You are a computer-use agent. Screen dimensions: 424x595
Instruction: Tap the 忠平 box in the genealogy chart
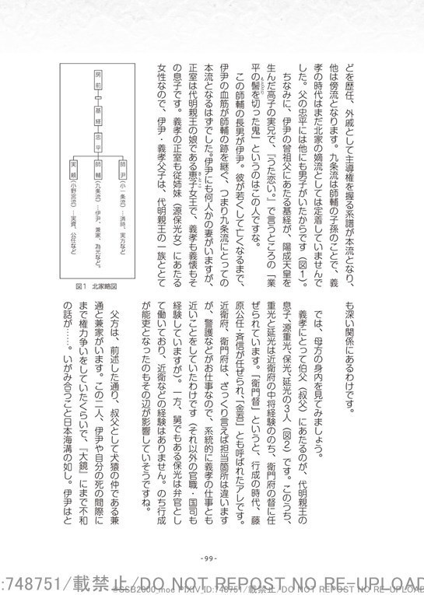[x=98, y=142]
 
